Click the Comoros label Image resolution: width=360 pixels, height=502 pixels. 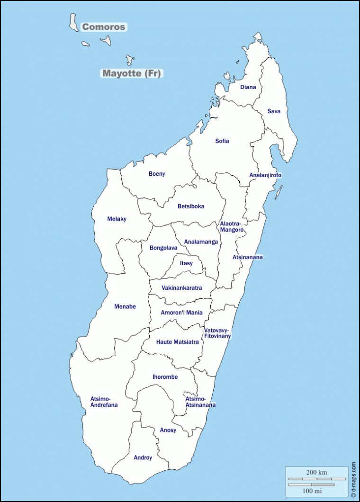coord(104,27)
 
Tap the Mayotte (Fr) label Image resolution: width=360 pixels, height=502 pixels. coord(131,73)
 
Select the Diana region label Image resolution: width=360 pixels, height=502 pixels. coord(248,87)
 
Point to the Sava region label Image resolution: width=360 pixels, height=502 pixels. coord(274,111)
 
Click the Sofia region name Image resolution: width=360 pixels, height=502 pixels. coord(222,141)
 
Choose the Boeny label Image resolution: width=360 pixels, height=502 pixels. coord(157,174)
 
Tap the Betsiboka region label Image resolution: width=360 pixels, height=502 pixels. coord(191,206)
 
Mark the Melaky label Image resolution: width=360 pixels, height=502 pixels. coord(117,219)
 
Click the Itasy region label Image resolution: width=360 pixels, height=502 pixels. coord(186,263)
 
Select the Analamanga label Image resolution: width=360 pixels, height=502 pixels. coord(201,242)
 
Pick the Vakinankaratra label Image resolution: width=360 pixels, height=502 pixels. coord(182,288)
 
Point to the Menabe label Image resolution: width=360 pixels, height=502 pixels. coord(125,306)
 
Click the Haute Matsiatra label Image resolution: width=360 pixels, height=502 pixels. coord(178,342)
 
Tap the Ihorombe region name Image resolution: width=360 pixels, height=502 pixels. coord(165,377)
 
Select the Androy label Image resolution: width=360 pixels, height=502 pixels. coord(143,457)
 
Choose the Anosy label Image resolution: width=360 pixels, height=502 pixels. coord(168,430)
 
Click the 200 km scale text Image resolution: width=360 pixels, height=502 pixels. coord(316,473)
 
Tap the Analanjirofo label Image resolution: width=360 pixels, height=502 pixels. coord(265,175)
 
